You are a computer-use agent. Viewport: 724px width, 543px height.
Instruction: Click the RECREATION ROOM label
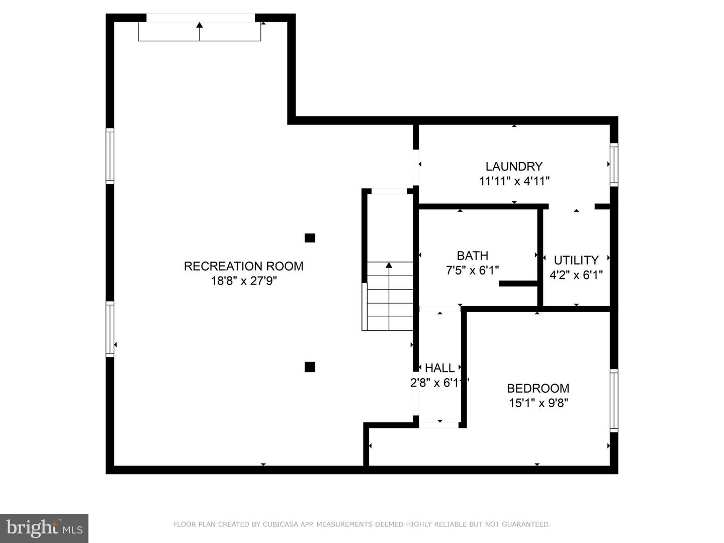tap(243, 266)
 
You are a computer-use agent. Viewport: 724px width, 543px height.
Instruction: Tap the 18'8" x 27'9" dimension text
tap(244, 281)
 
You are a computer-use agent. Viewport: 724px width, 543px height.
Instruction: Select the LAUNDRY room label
tap(514, 166)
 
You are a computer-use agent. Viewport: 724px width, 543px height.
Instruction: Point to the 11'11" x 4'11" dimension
tap(514, 181)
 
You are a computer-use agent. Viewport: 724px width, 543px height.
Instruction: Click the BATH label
tap(472, 255)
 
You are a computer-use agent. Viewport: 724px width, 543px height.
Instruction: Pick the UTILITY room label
tap(576, 260)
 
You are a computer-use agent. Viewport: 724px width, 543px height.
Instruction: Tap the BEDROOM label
tap(538, 388)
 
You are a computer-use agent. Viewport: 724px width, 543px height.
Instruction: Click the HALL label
tap(439, 368)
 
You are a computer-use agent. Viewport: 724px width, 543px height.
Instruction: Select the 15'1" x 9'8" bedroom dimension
tap(538, 403)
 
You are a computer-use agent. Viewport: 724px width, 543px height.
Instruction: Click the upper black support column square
tap(310, 238)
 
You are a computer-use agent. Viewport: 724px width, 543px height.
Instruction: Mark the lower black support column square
tap(310, 367)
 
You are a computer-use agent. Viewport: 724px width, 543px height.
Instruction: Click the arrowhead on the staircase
tap(389, 265)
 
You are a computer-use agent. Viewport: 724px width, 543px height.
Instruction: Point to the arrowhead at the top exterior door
tap(199, 25)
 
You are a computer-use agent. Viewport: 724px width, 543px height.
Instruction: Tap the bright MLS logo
tap(44, 528)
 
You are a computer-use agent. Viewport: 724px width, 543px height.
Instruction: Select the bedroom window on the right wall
tap(614, 400)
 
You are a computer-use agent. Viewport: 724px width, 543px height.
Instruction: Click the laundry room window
tap(614, 164)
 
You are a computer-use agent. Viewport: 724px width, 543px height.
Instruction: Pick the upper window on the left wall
tap(110, 156)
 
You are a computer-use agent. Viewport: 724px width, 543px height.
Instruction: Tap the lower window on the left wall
tap(110, 329)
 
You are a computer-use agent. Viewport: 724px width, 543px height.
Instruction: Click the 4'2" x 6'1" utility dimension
tap(576, 275)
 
